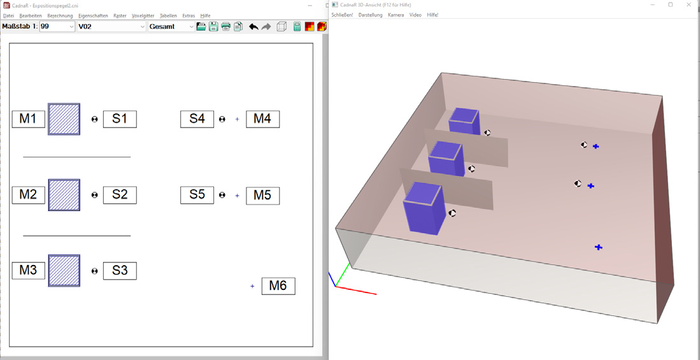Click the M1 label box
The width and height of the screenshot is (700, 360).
(x=29, y=119)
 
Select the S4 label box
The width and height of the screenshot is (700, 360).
(x=197, y=119)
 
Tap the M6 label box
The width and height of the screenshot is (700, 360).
(x=278, y=286)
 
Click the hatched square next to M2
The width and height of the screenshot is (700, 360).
(x=64, y=195)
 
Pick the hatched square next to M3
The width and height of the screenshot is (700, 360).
(x=64, y=271)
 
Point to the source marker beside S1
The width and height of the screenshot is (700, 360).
(x=95, y=119)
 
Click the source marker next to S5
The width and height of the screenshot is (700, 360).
(x=222, y=195)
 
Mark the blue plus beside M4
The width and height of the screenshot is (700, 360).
(x=237, y=119)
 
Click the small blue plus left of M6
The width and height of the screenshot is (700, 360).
(x=252, y=286)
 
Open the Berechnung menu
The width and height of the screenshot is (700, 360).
(x=60, y=16)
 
